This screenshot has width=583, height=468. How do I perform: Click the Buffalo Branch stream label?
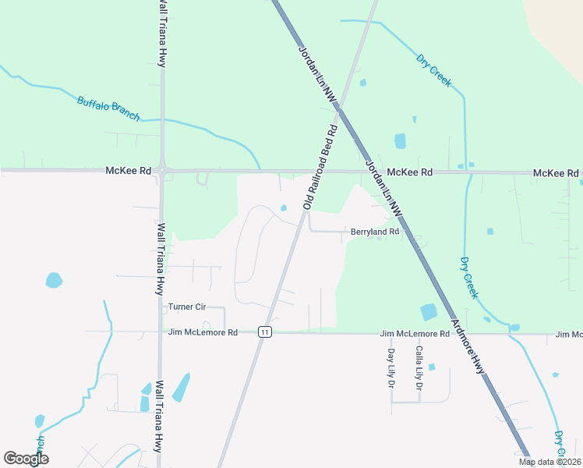[108, 108]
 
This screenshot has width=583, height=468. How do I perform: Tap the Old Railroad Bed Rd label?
[320, 166]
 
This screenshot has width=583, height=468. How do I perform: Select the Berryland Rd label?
[375, 232]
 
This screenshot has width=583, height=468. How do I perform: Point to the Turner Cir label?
[185, 307]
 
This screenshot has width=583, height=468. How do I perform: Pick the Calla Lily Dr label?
[419, 368]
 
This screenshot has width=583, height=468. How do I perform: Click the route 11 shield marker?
[266, 331]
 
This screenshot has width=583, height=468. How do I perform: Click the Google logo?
[26, 459]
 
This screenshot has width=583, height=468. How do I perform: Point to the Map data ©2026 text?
[549, 462]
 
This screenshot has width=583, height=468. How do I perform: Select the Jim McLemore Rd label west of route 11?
[203, 332]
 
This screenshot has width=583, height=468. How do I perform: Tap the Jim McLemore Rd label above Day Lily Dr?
[415, 334]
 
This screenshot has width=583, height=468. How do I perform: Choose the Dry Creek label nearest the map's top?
[433, 69]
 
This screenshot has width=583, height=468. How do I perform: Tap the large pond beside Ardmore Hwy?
[429, 312]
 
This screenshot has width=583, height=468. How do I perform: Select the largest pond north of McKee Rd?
[400, 141]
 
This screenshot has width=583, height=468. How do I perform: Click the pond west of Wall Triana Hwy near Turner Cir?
[54, 279]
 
